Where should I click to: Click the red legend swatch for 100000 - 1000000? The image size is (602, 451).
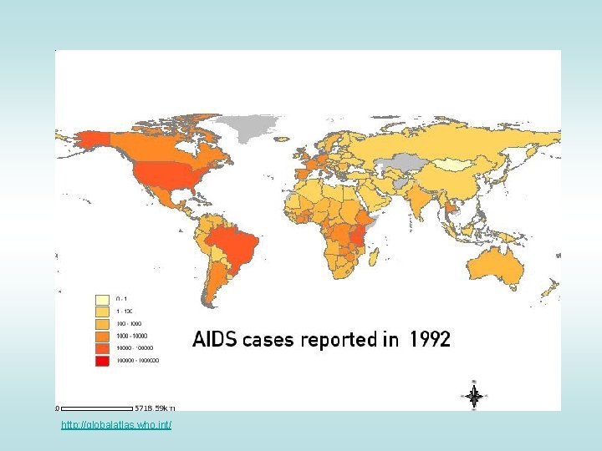102,360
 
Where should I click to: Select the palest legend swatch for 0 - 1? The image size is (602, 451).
102,298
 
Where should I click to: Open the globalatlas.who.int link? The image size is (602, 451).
116,426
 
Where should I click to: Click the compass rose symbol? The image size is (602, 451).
473,396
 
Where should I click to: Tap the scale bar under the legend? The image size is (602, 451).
96,408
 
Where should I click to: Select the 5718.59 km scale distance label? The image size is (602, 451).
156,408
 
